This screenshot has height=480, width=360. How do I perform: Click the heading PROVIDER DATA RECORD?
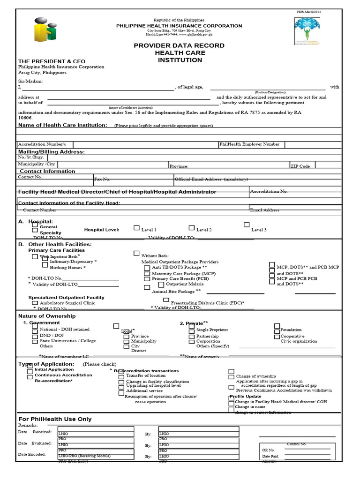pyautogui.click(x=179, y=45)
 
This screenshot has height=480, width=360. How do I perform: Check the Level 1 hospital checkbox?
pyautogui.click(x=136, y=228)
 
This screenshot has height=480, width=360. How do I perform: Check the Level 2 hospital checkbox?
pyautogui.click(x=192, y=228)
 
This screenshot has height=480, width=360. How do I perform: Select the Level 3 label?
pyautogui.click(x=259, y=230)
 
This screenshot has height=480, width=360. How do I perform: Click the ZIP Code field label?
pyautogui.click(x=300, y=166)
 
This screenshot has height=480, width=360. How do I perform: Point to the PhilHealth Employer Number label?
pyautogui.click(x=249, y=144)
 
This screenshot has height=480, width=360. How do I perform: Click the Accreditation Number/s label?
pyautogui.click(x=42, y=144)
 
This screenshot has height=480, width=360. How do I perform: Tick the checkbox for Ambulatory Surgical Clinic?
pyautogui.click(x=35, y=303)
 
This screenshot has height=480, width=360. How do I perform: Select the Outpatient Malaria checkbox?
pyautogui.click(x=161, y=284)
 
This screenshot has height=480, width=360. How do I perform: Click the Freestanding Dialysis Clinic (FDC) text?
pyautogui.click(x=207, y=303)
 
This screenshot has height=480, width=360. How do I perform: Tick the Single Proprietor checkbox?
pyautogui.click(x=191, y=330)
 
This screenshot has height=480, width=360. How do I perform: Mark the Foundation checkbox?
pyautogui.click(x=277, y=330)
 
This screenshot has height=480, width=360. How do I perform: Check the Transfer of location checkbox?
pyautogui.click(x=121, y=376)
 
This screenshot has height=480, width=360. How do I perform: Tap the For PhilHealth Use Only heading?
pyautogui.click(x=55, y=419)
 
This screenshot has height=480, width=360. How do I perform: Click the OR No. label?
pyautogui.click(x=268, y=450)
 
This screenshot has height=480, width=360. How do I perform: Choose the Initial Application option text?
pyautogui.click(x=54, y=369)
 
